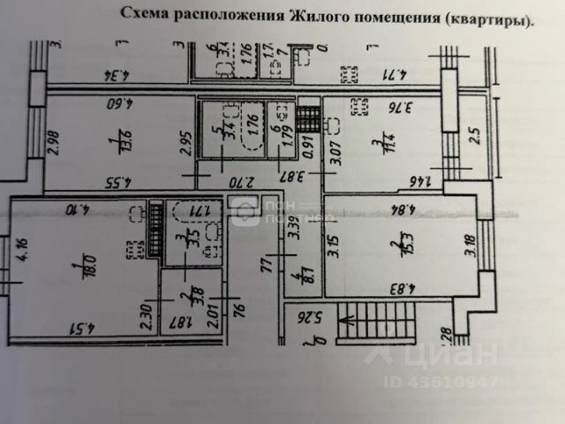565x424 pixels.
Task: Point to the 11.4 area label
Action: (378, 140)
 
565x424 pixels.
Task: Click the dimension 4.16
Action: (21, 253)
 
